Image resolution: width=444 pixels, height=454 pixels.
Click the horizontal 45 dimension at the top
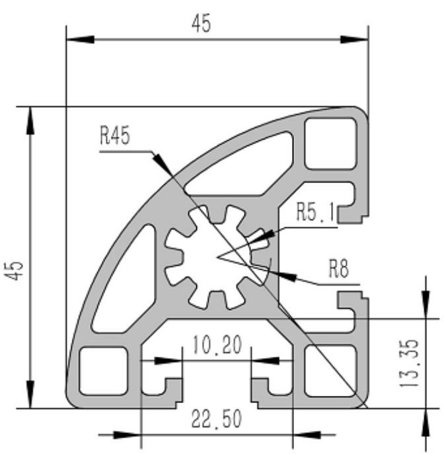click(201, 24)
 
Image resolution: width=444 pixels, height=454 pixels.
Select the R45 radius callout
click(114, 136)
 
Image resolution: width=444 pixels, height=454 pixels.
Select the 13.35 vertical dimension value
click(410, 363)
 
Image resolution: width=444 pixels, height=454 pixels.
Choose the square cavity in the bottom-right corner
click(325, 370)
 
